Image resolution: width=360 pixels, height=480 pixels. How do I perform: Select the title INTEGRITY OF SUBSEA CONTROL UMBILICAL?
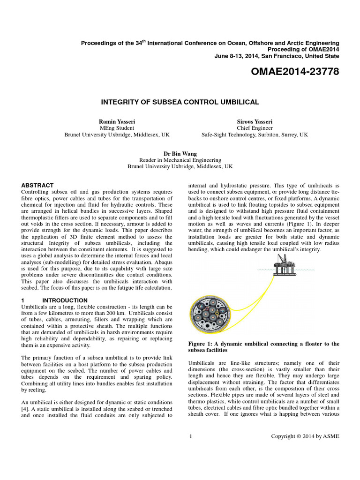pyautogui.click(x=180, y=101)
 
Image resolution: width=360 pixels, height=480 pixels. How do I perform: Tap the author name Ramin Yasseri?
pyautogui.click(x=117, y=121)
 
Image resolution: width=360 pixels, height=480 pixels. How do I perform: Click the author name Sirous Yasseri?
pyautogui.click(x=255, y=121)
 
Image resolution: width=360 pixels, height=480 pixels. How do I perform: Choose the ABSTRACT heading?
pyautogui.click(x=37, y=185)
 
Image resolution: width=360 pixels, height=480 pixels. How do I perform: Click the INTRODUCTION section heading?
pyautogui.click(x=65, y=300)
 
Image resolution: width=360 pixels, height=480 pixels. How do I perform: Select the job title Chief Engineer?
pyautogui.click(x=255, y=127)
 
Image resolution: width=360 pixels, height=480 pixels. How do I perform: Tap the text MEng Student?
pyautogui.click(x=117, y=127)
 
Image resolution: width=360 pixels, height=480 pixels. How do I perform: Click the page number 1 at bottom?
pyautogui.click(x=191, y=436)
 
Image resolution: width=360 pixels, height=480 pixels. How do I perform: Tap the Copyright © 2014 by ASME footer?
pyautogui.click(x=305, y=436)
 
